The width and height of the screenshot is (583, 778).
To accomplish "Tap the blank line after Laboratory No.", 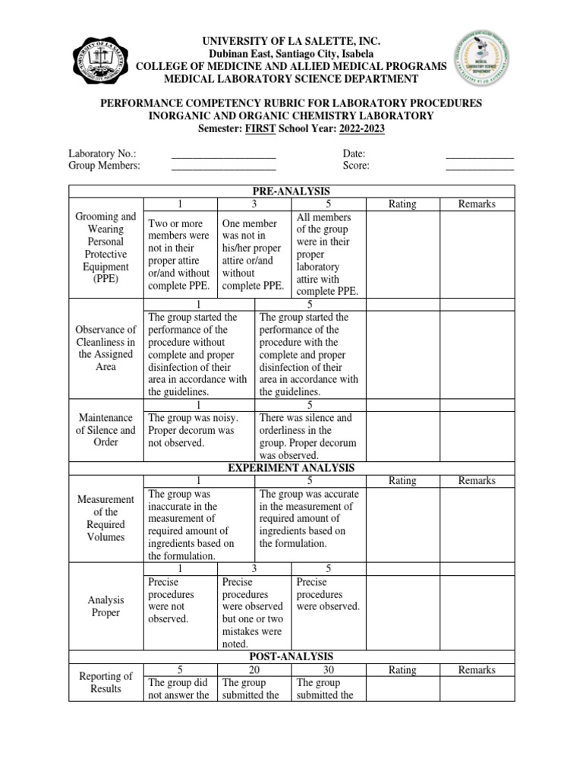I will pos(223,156).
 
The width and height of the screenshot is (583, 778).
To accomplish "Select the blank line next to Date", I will pos(479,156).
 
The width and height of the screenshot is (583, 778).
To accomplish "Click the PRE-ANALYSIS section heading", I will pos(291,191).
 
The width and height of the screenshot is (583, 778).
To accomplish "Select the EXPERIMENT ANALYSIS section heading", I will pos(291,468).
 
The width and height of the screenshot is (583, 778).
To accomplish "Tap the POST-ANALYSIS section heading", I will pos(291,656).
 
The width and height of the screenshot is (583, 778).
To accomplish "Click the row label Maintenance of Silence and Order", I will pos(106,430).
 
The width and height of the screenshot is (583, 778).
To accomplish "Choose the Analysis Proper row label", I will pos(106,606).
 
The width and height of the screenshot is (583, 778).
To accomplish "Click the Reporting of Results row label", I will pos(106,682).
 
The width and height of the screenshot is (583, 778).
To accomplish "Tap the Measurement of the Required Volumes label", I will pos(106,518).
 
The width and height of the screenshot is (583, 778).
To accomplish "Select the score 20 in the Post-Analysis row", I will pos(254,670).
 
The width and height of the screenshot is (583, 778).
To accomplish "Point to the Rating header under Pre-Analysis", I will pos(402,204).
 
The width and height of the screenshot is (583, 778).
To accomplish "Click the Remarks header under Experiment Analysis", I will pos(477,480).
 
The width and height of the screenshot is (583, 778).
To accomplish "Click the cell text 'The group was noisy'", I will pos(193,418).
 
